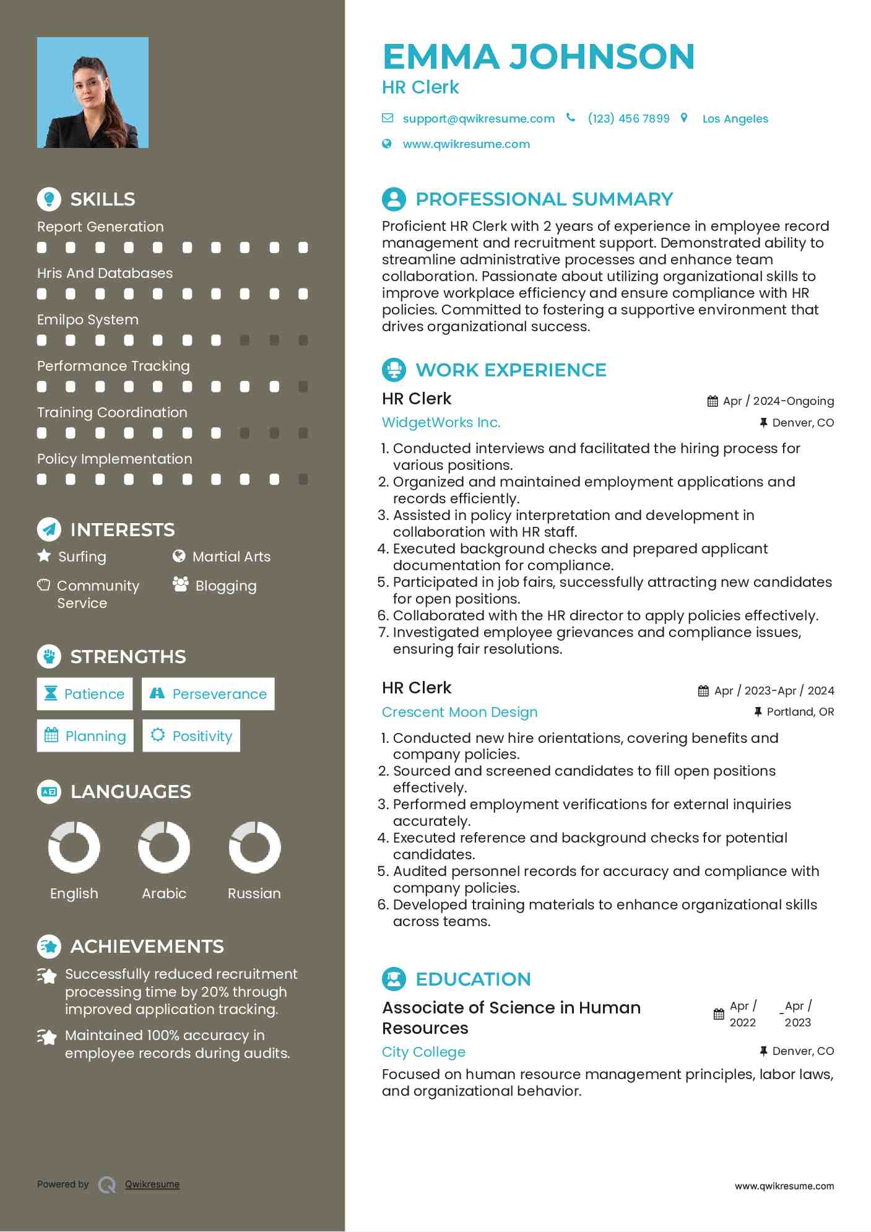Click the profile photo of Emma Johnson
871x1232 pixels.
[x=93, y=93]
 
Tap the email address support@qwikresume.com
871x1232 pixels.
[x=478, y=119]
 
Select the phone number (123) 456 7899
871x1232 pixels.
[x=628, y=119]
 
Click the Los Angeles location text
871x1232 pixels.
[x=735, y=119]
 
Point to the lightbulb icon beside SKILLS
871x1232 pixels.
[x=49, y=199]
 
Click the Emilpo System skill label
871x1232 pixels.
[x=88, y=320]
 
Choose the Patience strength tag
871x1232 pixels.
[x=85, y=694]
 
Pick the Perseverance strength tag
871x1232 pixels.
[x=208, y=694]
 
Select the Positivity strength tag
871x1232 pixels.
[x=191, y=736]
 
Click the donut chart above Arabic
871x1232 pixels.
[x=164, y=847]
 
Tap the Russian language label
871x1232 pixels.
[x=254, y=894]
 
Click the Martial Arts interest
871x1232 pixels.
[x=231, y=557]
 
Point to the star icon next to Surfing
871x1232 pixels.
[x=44, y=556]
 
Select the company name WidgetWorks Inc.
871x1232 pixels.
[x=441, y=423]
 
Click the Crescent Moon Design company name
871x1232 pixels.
[x=459, y=712]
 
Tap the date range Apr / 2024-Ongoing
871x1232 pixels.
[x=778, y=401]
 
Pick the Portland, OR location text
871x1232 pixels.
[x=800, y=712]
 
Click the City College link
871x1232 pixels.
[x=423, y=1052]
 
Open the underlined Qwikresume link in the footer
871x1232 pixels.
[x=152, y=1184]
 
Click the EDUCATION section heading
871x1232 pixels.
[x=473, y=979]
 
